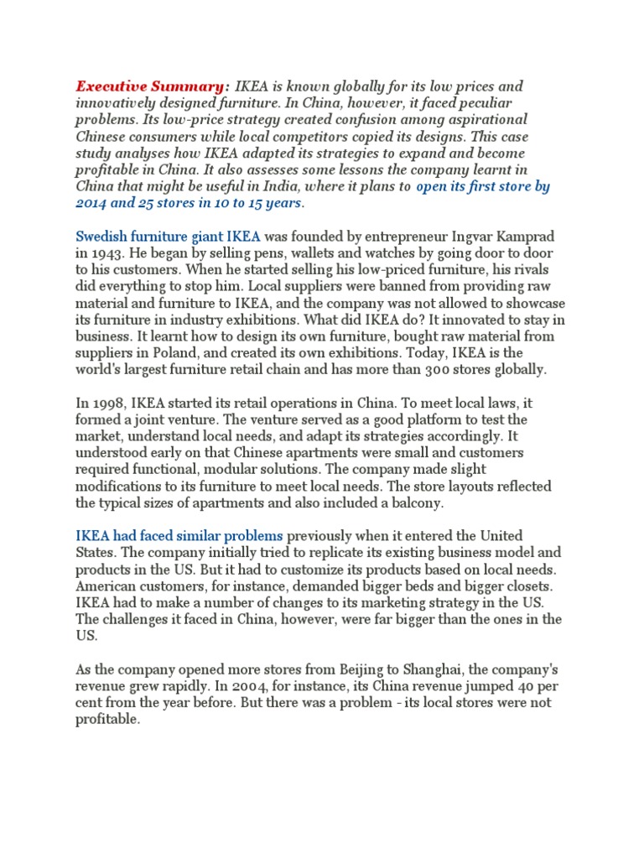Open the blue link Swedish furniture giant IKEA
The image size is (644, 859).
pyautogui.click(x=169, y=236)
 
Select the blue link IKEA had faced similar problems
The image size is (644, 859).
pyautogui.click(x=179, y=535)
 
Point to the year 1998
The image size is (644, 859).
pyautogui.click(x=108, y=402)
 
